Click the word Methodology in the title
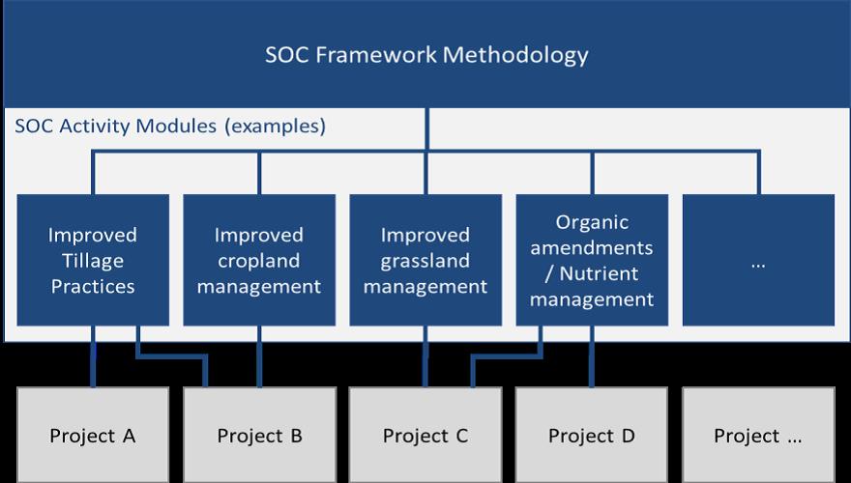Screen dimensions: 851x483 tap(515, 56)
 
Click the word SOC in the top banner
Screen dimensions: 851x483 tap(286, 55)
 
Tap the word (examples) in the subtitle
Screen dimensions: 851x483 tap(276, 127)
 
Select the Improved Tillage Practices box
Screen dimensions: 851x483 tap(93, 260)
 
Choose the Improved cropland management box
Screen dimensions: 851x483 tap(259, 260)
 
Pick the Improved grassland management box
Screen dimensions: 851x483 tap(425, 260)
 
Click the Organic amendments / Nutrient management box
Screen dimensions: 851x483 tap(592, 260)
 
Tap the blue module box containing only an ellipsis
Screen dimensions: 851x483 tap(758, 260)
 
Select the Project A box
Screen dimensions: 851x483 tap(93, 435)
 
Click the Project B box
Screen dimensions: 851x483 tap(259, 435)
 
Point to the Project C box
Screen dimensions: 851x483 tap(425, 435)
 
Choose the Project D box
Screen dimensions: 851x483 tap(592, 435)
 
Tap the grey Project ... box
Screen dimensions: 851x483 tap(758, 435)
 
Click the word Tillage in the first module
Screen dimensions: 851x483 tap(93, 261)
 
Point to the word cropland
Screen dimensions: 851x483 tap(259, 261)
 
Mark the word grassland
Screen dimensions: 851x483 tap(425, 261)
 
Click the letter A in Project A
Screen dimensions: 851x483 tap(129, 436)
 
